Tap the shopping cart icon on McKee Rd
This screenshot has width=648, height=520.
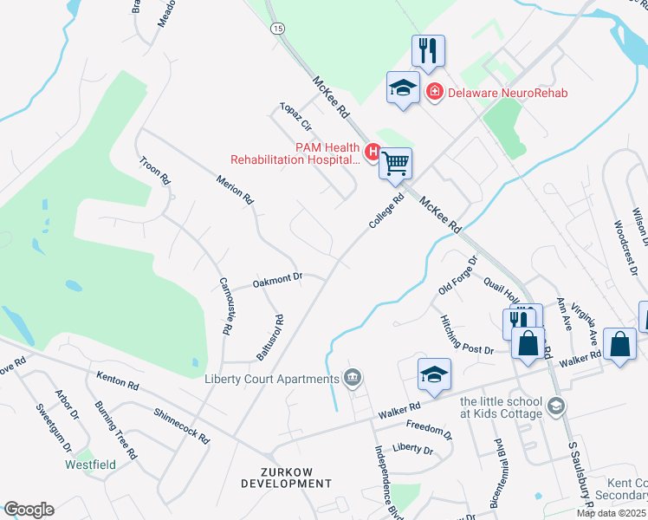396,162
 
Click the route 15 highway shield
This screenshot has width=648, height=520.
276,29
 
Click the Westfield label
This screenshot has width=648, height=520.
90,465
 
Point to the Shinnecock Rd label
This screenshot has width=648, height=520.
181,426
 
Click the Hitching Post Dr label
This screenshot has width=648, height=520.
466,335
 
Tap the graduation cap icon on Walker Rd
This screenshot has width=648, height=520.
434,374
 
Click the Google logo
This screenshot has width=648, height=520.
28,510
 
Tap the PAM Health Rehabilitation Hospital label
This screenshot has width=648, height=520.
295,153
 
